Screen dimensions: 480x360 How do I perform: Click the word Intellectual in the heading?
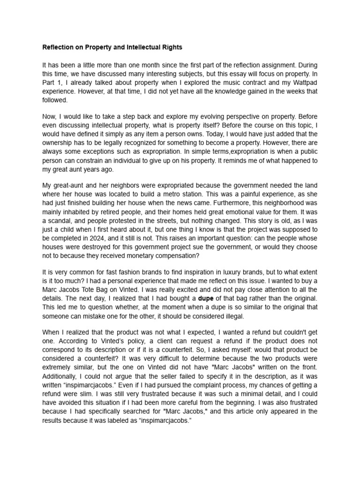coord(133,47)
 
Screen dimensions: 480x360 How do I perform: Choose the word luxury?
coord(211,272)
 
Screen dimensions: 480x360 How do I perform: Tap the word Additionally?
coord(60,376)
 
